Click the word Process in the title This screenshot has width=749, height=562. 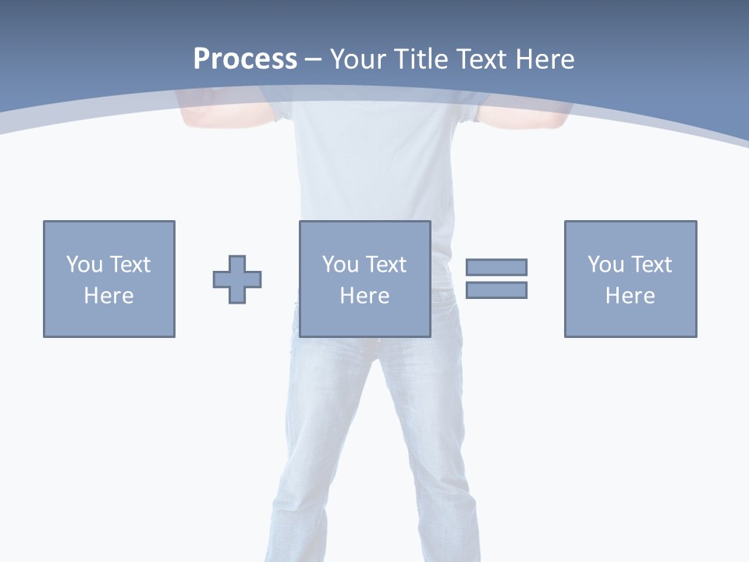pos(245,59)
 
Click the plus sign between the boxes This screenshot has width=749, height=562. pos(237,279)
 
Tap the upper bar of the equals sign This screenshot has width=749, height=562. pos(496,267)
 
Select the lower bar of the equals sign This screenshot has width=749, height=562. pos(496,290)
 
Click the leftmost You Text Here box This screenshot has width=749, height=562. pos(109,279)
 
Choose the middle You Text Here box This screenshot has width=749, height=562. pos(365,279)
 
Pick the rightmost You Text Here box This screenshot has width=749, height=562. pos(630,279)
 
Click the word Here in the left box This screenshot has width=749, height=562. pos(108,296)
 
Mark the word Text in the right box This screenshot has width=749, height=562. pos(651,265)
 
